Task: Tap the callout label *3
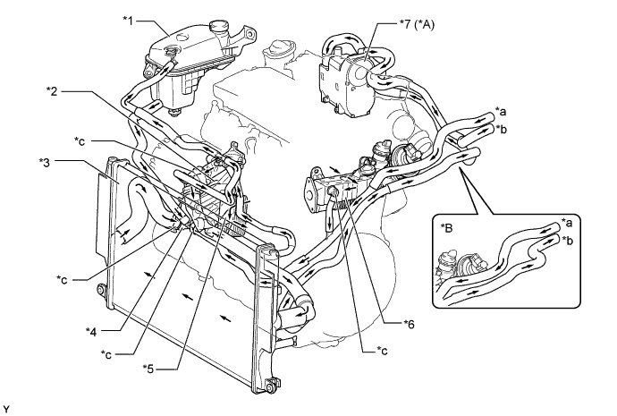[x=46, y=162]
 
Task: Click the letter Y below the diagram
[x=5, y=408]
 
